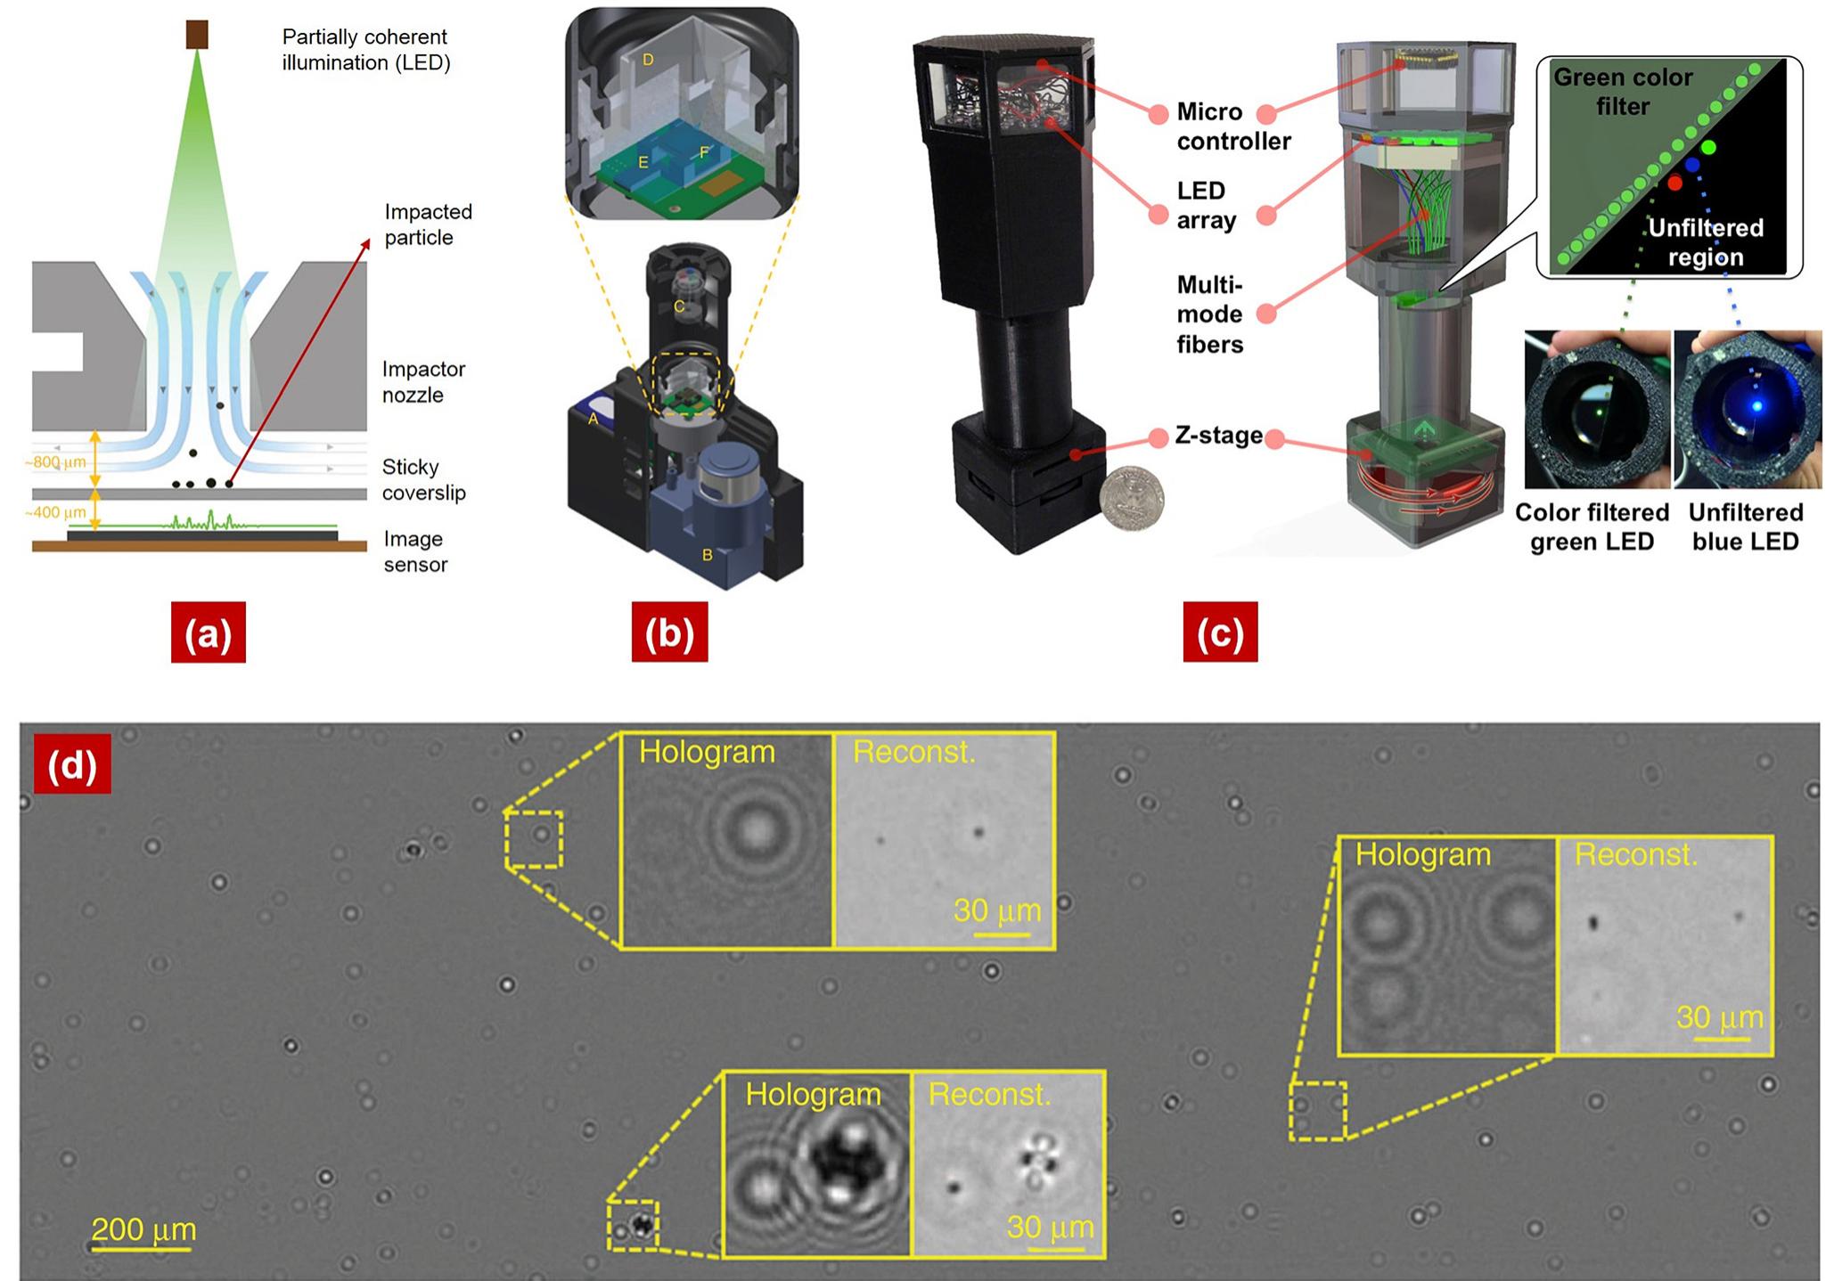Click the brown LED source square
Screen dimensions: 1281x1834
coord(196,35)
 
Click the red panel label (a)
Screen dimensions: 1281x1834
coord(208,632)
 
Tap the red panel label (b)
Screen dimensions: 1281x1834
coord(669,632)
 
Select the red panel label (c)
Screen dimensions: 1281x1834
coord(1219,632)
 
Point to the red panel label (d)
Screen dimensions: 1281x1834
coord(72,764)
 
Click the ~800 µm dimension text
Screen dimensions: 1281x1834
coord(54,463)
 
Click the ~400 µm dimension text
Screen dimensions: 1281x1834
coord(54,513)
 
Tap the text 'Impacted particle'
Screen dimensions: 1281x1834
coord(428,224)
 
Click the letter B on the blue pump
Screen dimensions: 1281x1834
coord(707,555)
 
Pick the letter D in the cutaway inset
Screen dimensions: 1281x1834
coord(648,60)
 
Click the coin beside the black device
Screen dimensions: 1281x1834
coord(1131,501)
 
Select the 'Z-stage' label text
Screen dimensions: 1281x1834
coord(1218,436)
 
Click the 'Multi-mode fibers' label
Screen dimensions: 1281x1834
coord(1209,314)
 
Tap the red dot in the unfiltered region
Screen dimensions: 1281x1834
coord(1674,183)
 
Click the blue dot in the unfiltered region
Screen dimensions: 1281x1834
coord(1692,165)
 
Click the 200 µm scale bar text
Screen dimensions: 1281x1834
coord(143,1229)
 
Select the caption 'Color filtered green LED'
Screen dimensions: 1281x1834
coord(1592,526)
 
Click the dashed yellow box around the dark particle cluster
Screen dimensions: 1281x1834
coord(633,1226)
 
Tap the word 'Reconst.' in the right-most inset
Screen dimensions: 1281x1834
coord(1635,854)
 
